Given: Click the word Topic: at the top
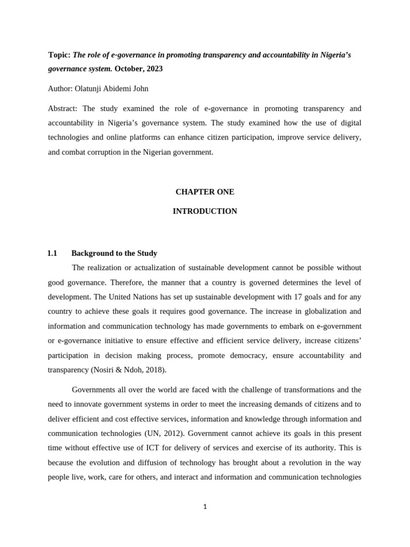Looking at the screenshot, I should pyautogui.click(x=59, y=54).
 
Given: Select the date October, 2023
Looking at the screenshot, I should pyautogui.click(x=138, y=68).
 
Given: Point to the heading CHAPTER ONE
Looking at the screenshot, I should pyautogui.click(x=204, y=192).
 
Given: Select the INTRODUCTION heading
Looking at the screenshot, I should pyautogui.click(x=204, y=211).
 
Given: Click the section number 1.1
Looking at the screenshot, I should pyautogui.click(x=52, y=253).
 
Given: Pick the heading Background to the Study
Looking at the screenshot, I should pyautogui.click(x=114, y=253).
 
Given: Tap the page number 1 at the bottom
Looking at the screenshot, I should pyautogui.click(x=205, y=507).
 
